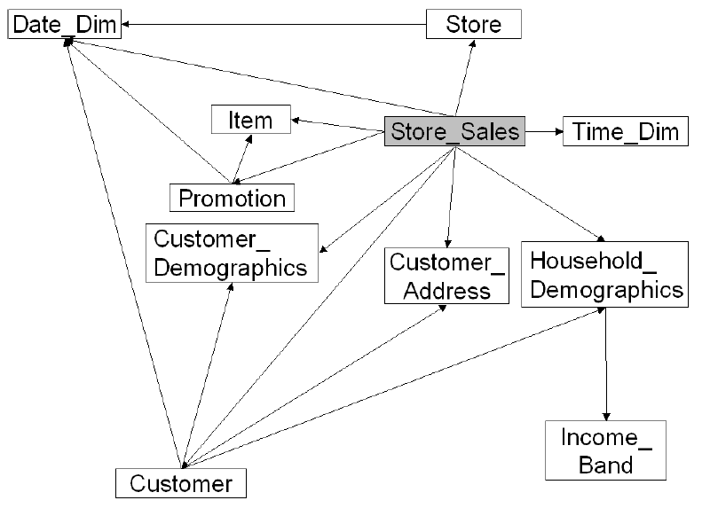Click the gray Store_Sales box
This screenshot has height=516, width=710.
pos(454,132)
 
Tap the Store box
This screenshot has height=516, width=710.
pos(473,24)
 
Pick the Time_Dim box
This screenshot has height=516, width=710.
pos(624,132)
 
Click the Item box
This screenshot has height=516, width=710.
pos(251,119)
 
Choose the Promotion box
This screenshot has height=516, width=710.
pos(233,197)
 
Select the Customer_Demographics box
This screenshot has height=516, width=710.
pos(232,253)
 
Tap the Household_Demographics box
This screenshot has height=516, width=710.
pos(605,274)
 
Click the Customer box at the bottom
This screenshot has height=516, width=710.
pos(181,483)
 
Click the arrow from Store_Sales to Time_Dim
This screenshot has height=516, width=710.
pos(543,132)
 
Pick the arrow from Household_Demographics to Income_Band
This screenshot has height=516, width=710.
pos(606,364)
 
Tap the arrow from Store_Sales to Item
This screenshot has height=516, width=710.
pos(337,126)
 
